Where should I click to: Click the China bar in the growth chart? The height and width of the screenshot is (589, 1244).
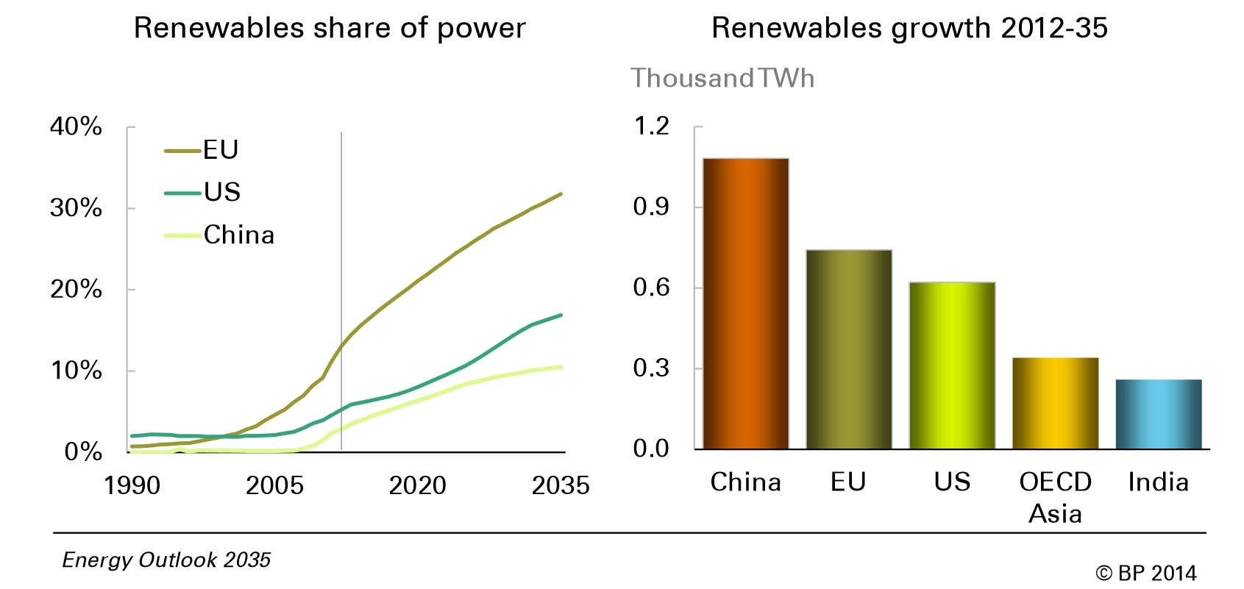746,303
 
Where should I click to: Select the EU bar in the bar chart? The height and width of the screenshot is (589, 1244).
849,349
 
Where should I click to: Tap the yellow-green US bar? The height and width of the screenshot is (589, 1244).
952,365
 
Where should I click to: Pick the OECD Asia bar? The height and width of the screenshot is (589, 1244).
1055,403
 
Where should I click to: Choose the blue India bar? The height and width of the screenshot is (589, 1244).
1159,414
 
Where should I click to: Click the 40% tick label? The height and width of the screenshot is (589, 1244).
76,126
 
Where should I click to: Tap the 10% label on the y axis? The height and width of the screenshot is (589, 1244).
76,371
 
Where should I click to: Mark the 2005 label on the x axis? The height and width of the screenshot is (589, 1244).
274,485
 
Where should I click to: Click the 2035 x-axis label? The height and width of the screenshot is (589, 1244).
561,485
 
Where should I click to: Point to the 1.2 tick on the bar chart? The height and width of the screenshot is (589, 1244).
651,126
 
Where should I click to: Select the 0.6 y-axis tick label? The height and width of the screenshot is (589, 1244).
651,288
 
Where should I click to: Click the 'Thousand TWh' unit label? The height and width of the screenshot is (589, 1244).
722,78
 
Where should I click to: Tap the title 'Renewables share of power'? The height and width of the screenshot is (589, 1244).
330,28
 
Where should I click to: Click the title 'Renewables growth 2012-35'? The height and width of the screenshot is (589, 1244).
909,28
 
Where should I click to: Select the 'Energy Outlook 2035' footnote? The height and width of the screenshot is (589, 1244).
166,560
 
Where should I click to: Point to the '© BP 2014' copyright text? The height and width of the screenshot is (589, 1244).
1145,573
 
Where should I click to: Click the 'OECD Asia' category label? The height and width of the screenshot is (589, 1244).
1055,497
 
